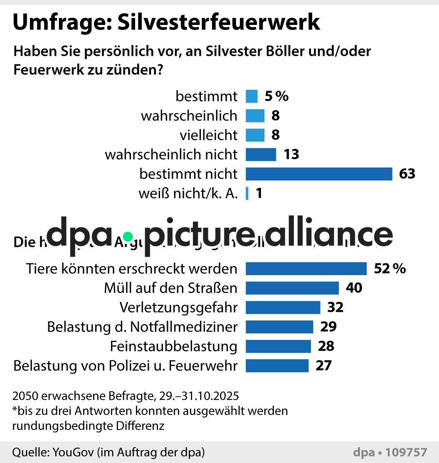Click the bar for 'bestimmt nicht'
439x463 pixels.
pos(319,174)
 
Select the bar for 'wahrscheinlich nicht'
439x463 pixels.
pos(261,154)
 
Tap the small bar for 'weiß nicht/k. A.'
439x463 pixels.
pos(247,193)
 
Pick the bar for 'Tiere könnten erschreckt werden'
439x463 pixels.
pos(306,268)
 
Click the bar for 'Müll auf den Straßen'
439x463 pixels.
pos(292,288)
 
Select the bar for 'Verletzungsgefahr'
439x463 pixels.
pos(283,308)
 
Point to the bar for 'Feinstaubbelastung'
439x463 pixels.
pos(278,346)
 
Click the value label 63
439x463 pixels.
pos(407,174)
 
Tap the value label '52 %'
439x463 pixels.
pos(390,268)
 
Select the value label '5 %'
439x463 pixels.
pos(276,96)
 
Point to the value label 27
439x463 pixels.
pos(324,366)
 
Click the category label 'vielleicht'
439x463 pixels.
pos(209,135)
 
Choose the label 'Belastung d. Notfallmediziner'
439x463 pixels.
pos(142,327)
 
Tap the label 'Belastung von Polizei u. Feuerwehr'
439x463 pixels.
pos(126,366)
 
